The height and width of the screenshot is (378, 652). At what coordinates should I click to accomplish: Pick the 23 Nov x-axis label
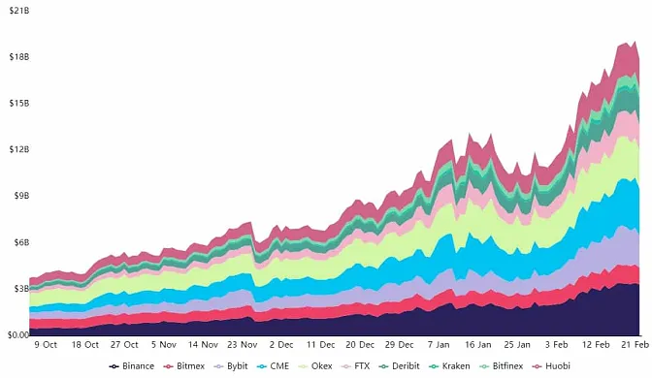pyautogui.click(x=241, y=344)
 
